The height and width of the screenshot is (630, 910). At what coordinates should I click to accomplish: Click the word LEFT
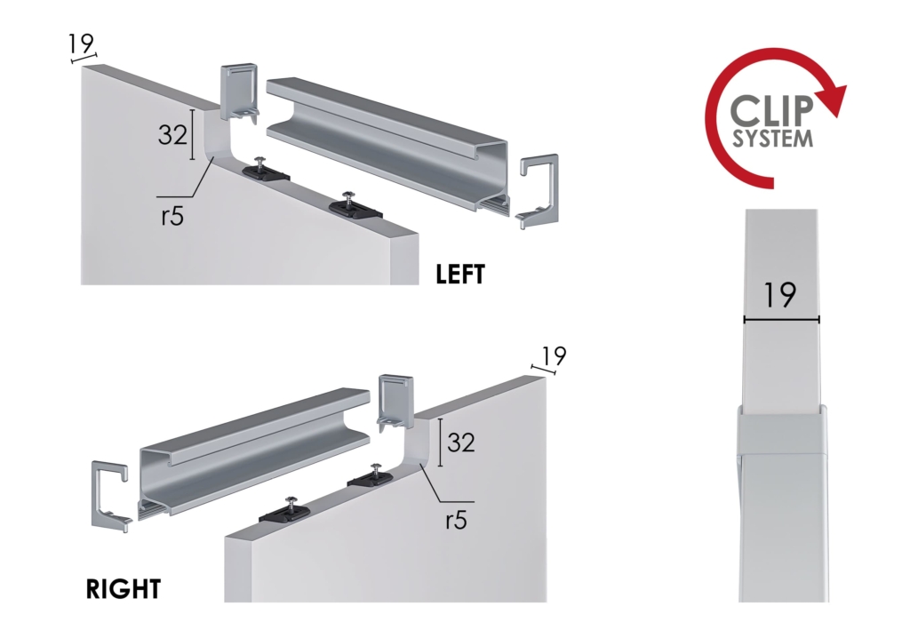click(460, 274)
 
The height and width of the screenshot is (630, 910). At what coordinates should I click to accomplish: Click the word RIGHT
click(123, 589)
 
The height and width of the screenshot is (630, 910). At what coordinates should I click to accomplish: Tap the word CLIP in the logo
click(770, 110)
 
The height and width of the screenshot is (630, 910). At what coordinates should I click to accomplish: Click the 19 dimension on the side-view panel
click(780, 295)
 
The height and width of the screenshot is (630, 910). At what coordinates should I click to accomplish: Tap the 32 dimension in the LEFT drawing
click(172, 134)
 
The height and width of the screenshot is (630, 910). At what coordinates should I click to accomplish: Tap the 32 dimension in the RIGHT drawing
click(461, 442)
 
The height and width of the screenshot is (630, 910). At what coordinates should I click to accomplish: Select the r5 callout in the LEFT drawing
click(172, 216)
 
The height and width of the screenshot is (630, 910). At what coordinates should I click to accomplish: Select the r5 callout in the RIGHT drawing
click(456, 521)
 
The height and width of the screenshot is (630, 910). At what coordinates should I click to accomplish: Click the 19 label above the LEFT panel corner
click(81, 43)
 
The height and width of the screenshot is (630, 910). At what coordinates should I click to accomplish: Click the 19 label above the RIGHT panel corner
click(553, 355)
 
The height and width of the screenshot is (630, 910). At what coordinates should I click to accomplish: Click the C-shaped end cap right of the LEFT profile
click(538, 191)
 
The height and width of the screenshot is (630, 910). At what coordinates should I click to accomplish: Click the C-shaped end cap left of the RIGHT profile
click(109, 495)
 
